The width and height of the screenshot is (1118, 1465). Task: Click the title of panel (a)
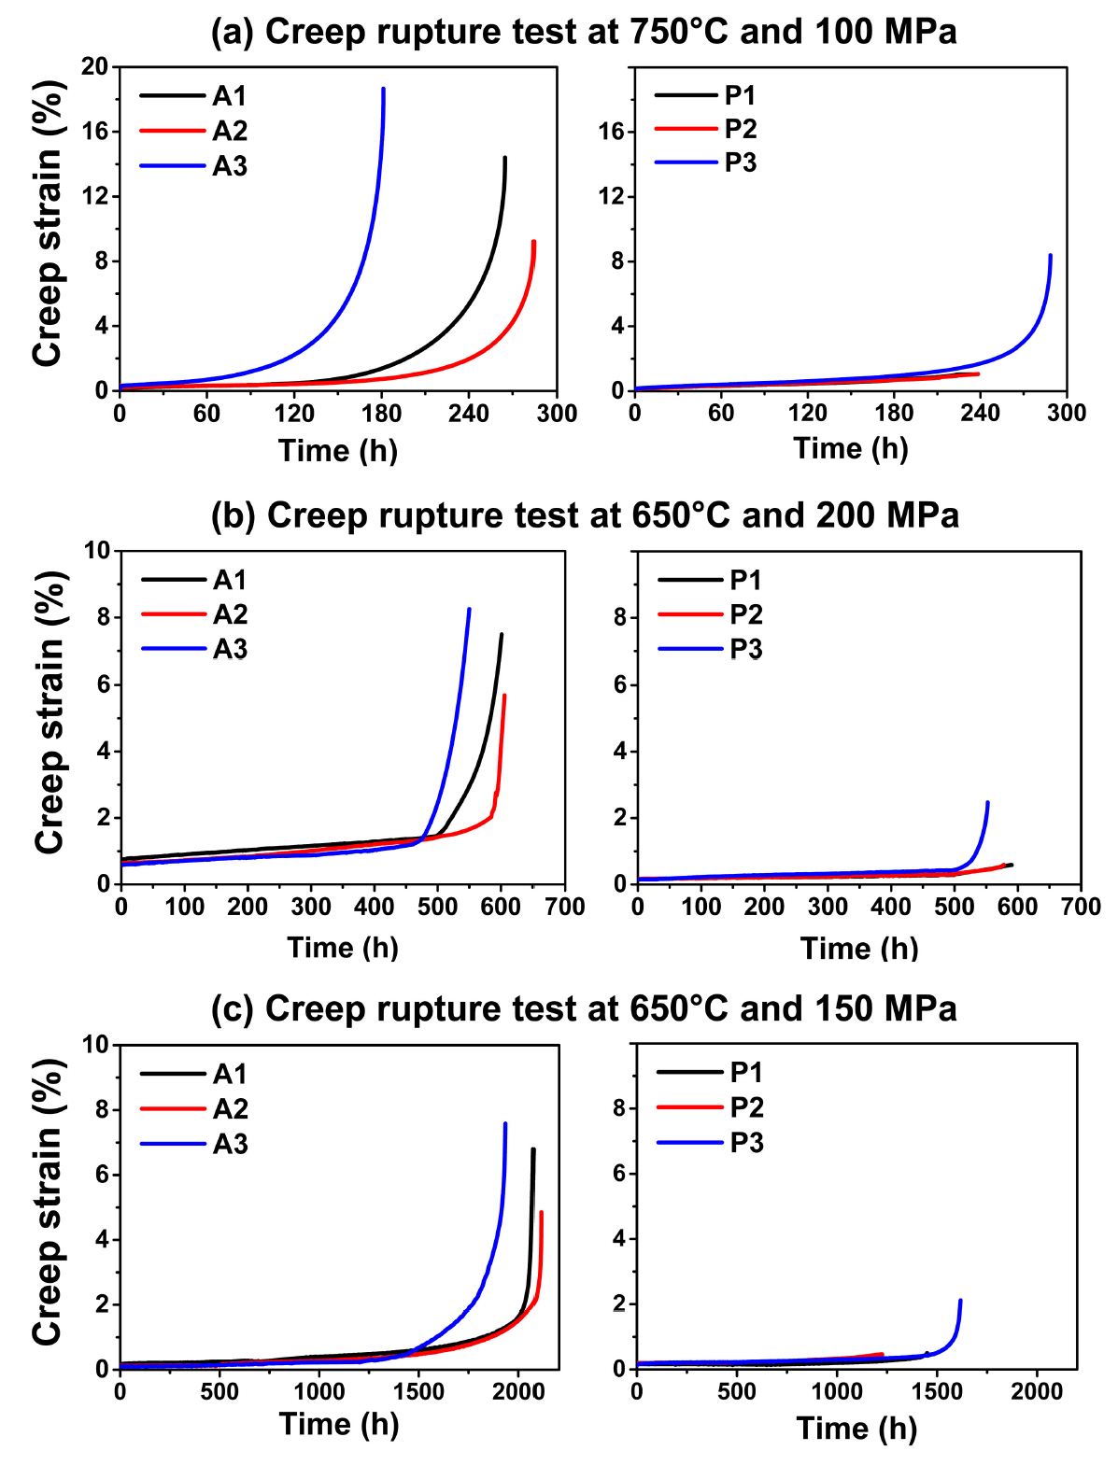pos(584,32)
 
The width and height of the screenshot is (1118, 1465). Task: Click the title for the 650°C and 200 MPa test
pos(585,515)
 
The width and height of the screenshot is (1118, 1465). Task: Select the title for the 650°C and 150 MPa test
pos(584,1008)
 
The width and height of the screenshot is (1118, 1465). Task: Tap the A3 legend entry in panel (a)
pos(230,166)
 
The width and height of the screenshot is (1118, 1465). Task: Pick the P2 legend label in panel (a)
pos(741,129)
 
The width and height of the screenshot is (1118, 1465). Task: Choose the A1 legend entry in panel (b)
pos(230,580)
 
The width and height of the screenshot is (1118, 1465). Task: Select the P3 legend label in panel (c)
pos(746,1142)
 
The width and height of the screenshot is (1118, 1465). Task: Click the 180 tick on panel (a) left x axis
pos(382,414)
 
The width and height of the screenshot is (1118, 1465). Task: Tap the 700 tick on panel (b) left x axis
pos(564,907)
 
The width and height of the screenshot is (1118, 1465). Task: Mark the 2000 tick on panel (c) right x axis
pos(1037,1392)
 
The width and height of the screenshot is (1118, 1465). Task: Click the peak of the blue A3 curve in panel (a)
pos(383,90)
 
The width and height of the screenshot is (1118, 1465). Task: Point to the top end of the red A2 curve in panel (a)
pos(533,242)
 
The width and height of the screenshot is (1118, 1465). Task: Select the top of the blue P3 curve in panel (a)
pos(1050,255)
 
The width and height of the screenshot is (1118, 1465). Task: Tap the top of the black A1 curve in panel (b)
pos(502,635)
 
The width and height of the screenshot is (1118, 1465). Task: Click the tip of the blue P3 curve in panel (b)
pos(987,802)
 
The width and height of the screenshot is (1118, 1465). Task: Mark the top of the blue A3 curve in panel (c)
pos(505,1123)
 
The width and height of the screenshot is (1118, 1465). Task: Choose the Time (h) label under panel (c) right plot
pos(856,1429)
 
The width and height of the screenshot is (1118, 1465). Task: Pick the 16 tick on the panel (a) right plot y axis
pos(612,132)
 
